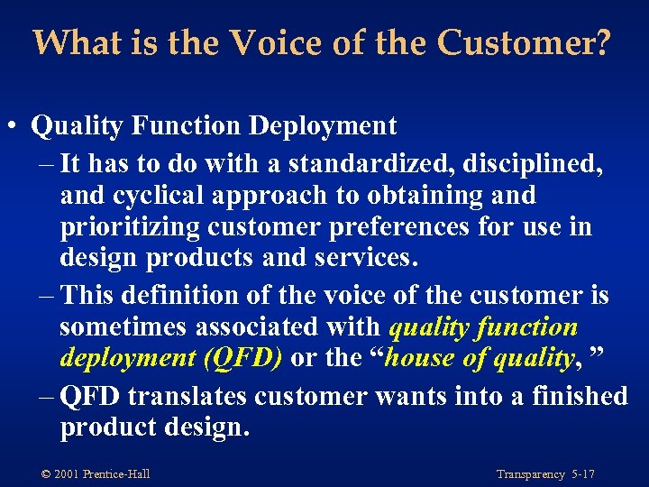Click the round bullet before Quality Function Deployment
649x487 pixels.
[x=16, y=127]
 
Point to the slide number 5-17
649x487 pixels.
[x=582, y=474]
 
